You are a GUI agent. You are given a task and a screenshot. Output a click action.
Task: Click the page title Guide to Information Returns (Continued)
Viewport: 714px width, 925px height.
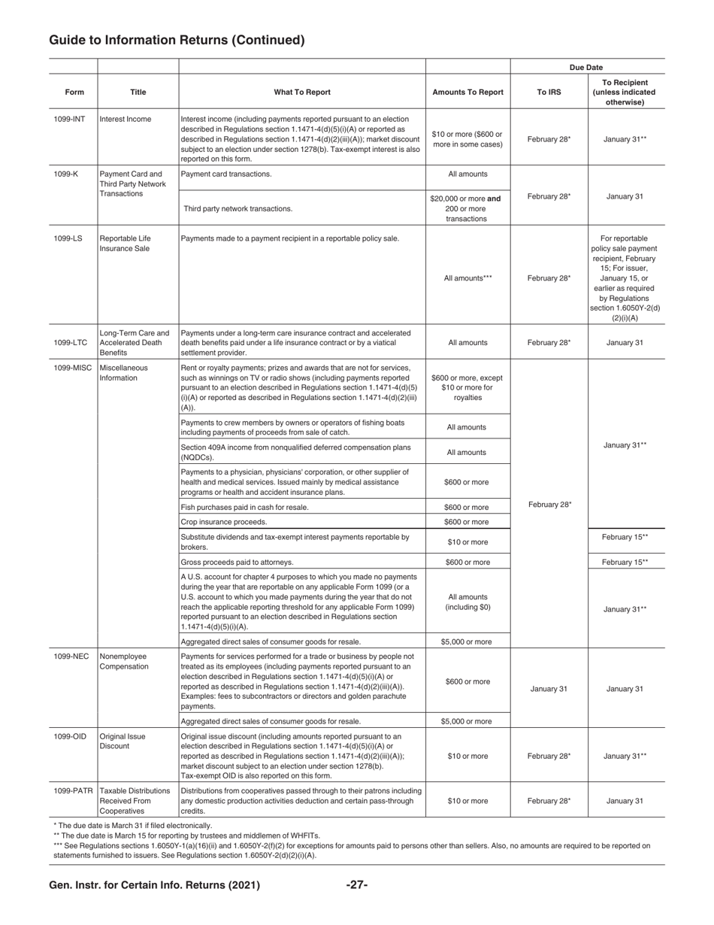point(177,41)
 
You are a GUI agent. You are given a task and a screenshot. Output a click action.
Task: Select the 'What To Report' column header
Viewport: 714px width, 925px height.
point(302,92)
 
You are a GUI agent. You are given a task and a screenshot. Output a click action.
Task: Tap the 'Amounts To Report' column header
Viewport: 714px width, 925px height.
point(467,92)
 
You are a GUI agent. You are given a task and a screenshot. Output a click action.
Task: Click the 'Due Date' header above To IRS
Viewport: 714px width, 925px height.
point(586,68)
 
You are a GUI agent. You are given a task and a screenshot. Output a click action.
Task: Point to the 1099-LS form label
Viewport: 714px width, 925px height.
point(68,239)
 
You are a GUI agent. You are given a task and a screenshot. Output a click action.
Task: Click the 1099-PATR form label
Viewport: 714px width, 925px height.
point(74,791)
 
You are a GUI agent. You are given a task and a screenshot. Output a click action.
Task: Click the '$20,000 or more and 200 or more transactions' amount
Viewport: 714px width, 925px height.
point(467,209)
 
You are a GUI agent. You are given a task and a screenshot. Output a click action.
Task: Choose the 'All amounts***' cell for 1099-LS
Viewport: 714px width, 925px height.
point(467,278)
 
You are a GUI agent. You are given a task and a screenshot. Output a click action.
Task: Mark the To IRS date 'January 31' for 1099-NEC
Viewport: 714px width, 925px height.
point(549,689)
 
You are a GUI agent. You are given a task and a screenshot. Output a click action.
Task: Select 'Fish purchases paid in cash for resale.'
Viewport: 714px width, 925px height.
point(245,507)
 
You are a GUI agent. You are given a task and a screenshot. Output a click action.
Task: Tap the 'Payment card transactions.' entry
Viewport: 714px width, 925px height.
point(226,174)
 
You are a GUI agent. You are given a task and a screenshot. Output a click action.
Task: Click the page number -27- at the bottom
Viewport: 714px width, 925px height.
point(357,885)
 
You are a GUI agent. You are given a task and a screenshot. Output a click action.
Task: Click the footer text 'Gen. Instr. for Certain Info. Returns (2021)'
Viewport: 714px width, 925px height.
point(154,885)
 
